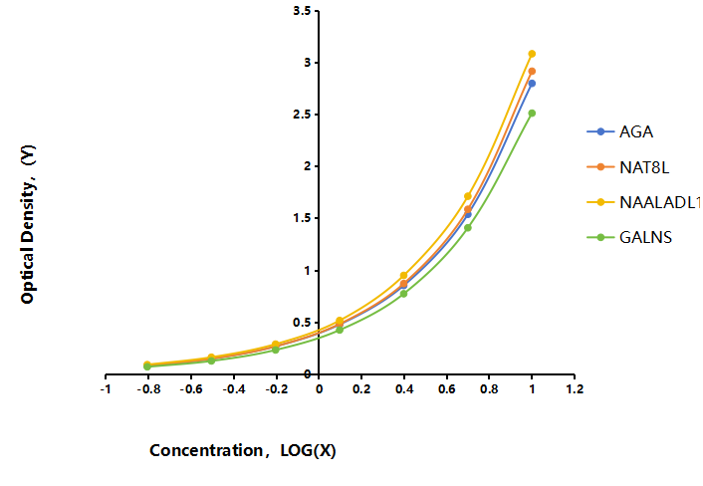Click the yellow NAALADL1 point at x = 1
click(532, 54)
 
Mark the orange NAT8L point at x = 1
click(532, 72)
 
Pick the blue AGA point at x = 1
click(532, 84)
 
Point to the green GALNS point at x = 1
click(532, 114)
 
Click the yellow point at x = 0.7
click(468, 196)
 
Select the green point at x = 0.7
click(468, 228)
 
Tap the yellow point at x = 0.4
click(403, 275)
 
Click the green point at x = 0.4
click(403, 294)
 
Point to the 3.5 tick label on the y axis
click(302, 11)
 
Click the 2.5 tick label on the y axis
click(302, 115)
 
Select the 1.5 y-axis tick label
click(302, 218)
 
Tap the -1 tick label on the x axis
click(106, 389)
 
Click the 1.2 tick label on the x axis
click(575, 389)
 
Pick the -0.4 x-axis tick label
click(234, 389)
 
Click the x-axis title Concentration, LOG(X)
click(243, 450)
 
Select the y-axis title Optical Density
click(28, 225)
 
